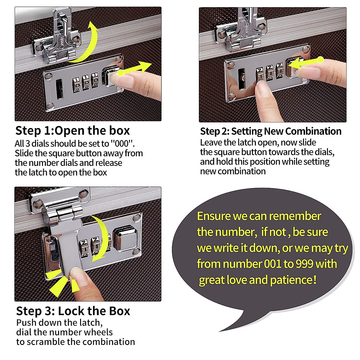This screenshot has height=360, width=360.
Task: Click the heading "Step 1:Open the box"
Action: [x=73, y=131]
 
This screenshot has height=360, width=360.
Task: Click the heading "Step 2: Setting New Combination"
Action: [x=271, y=131]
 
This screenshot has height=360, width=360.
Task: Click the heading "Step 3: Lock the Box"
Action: [x=73, y=311]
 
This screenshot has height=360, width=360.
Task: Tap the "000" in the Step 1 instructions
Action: [x=122, y=144]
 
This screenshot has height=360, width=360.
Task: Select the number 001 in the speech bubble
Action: [x=273, y=264]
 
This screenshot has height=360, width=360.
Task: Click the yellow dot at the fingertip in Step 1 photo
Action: [x=121, y=73]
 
